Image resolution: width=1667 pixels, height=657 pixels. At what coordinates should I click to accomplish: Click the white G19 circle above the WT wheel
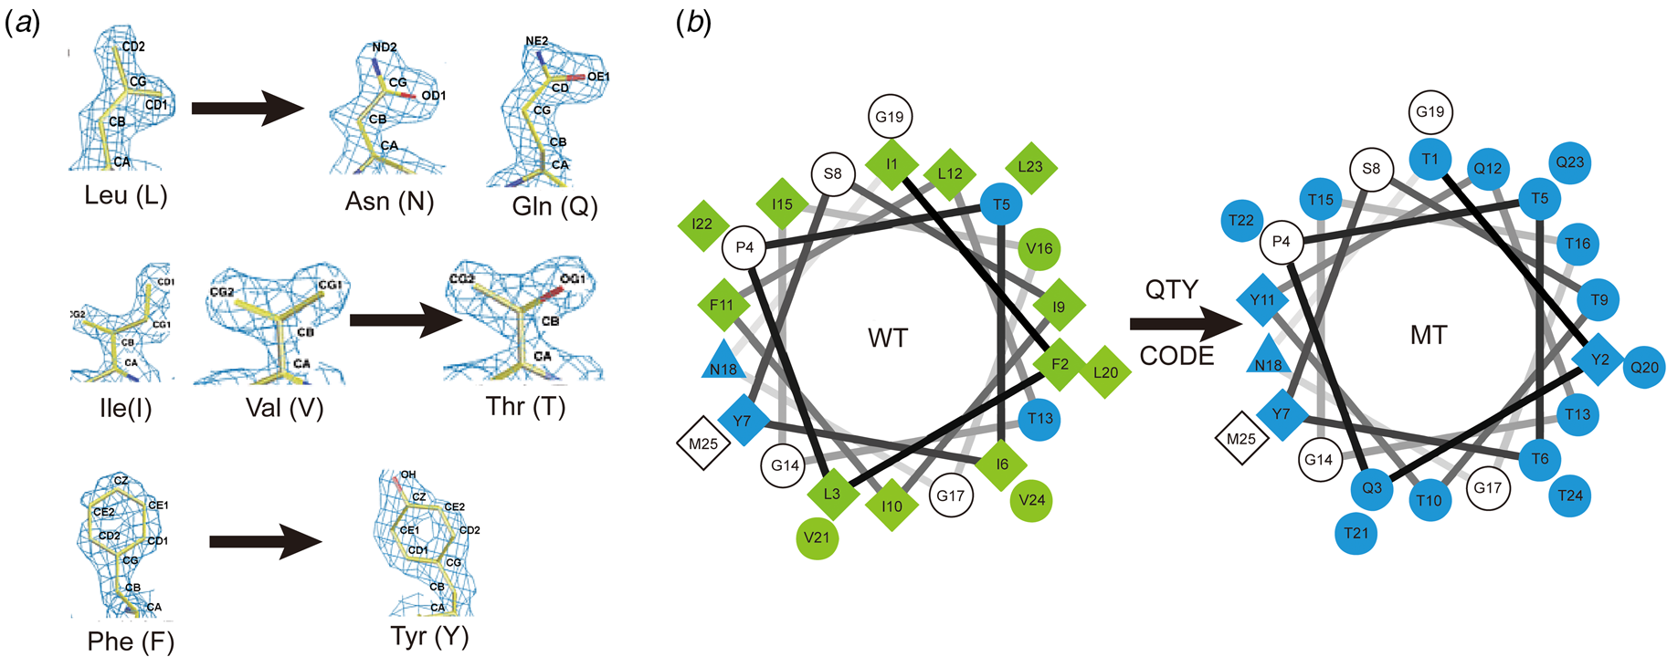coord(890,117)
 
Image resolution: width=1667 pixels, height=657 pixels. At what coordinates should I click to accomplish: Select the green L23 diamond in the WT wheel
coord(1030,167)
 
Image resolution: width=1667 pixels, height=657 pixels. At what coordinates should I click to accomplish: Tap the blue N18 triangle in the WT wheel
coord(723,362)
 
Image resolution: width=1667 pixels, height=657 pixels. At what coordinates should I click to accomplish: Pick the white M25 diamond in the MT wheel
coord(1241,439)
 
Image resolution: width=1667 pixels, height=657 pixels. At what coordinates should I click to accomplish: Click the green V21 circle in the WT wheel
coord(818,537)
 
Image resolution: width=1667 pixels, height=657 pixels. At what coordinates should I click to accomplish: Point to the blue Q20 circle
coord(1644,368)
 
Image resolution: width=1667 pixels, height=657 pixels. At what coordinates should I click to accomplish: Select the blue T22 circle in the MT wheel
coord(1241,220)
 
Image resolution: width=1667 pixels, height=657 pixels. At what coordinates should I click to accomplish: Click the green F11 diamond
coord(722,305)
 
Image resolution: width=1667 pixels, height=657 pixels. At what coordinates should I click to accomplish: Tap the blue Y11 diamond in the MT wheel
coord(1262,300)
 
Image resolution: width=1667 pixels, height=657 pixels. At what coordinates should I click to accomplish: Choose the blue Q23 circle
coord(1570,162)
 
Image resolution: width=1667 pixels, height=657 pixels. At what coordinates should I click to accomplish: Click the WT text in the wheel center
coord(888,339)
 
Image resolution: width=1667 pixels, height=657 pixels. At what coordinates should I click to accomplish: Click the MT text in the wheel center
coord(1429,336)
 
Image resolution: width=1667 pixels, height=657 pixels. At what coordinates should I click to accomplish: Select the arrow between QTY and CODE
coord(1185,323)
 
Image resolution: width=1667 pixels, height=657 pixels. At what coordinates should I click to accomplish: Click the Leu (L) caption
coord(126,195)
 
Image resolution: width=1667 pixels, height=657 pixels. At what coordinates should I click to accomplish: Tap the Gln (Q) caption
coord(554,206)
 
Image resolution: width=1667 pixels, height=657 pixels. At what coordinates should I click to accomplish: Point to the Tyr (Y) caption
coord(429,636)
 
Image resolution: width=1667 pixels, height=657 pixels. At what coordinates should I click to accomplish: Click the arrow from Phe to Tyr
coord(265,541)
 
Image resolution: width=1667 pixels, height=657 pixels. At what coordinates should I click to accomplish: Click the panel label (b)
coord(693,23)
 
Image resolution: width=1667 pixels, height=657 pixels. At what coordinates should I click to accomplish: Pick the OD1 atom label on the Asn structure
coord(433,96)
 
